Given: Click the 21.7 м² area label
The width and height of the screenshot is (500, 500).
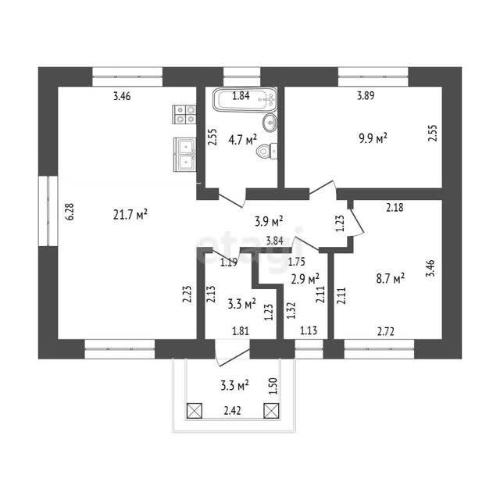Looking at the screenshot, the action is click(130, 214).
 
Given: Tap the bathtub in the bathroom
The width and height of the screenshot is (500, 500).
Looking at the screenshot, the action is click(245, 100).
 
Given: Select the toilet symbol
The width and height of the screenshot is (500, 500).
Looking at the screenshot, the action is click(266, 152).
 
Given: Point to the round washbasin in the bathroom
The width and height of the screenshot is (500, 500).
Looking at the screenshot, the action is click(270, 122).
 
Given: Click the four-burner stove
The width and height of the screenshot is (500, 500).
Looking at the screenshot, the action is click(184, 115).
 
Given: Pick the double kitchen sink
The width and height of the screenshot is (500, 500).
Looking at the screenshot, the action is click(184, 155).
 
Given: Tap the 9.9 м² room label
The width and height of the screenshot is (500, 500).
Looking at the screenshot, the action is click(373, 138).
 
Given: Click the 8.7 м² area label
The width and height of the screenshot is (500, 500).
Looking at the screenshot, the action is click(391, 278).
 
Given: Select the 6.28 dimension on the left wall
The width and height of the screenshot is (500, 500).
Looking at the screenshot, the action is click(70, 212).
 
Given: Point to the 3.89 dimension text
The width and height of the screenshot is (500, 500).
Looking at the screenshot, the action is click(366, 95).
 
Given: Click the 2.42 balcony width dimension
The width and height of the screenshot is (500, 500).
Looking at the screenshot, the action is click(232, 410).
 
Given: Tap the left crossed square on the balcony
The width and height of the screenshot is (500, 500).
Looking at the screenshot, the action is click(195, 411).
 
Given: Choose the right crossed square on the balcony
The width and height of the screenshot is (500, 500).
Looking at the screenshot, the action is click(271, 411).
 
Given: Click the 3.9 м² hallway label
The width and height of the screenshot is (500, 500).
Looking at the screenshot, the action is click(269, 221).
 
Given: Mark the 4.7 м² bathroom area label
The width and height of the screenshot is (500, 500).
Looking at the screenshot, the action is click(243, 140).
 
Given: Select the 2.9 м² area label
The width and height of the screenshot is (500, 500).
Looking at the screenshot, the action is click(305, 279).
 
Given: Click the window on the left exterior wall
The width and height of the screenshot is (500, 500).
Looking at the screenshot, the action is click(48, 211).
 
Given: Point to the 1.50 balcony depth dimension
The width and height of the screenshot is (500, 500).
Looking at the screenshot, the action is click(273, 386).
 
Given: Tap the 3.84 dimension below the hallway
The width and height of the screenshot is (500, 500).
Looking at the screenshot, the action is click(274, 241).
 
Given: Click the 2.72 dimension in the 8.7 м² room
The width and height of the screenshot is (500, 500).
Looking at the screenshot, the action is click(386, 331).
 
